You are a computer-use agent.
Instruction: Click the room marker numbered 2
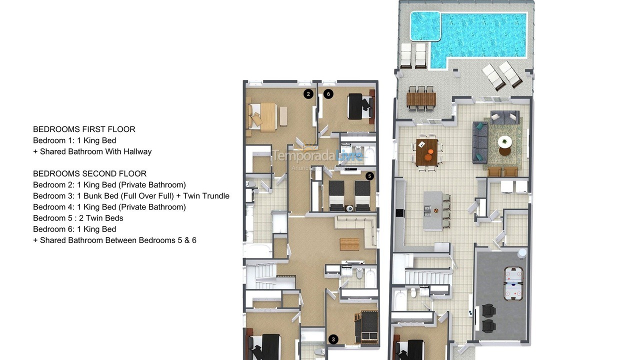pyautogui.click(x=308, y=93)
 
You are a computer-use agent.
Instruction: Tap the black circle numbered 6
pyautogui.click(x=328, y=93)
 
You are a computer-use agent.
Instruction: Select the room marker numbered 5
pyautogui.click(x=369, y=176)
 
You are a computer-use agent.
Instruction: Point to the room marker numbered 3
pyautogui.click(x=333, y=339)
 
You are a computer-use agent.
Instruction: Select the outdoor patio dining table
pyautogui.click(x=421, y=99)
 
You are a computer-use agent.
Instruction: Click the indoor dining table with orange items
pyautogui.click(x=426, y=152)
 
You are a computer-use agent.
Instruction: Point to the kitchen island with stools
pyautogui.click(x=433, y=209)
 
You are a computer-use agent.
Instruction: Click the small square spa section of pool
pyautogui.click(x=425, y=26)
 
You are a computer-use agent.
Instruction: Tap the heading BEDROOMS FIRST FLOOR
pyautogui.click(x=84, y=129)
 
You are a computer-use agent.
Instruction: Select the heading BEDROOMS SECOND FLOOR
pyautogui.click(x=89, y=174)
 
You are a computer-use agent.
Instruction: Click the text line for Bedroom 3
pyautogui.click(x=131, y=196)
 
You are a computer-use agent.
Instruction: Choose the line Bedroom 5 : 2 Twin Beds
pyautogui.click(x=78, y=218)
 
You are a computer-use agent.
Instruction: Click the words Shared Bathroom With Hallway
pyautogui.click(x=95, y=151)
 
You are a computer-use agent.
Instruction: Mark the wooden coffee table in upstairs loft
pyautogui.click(x=349, y=244)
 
